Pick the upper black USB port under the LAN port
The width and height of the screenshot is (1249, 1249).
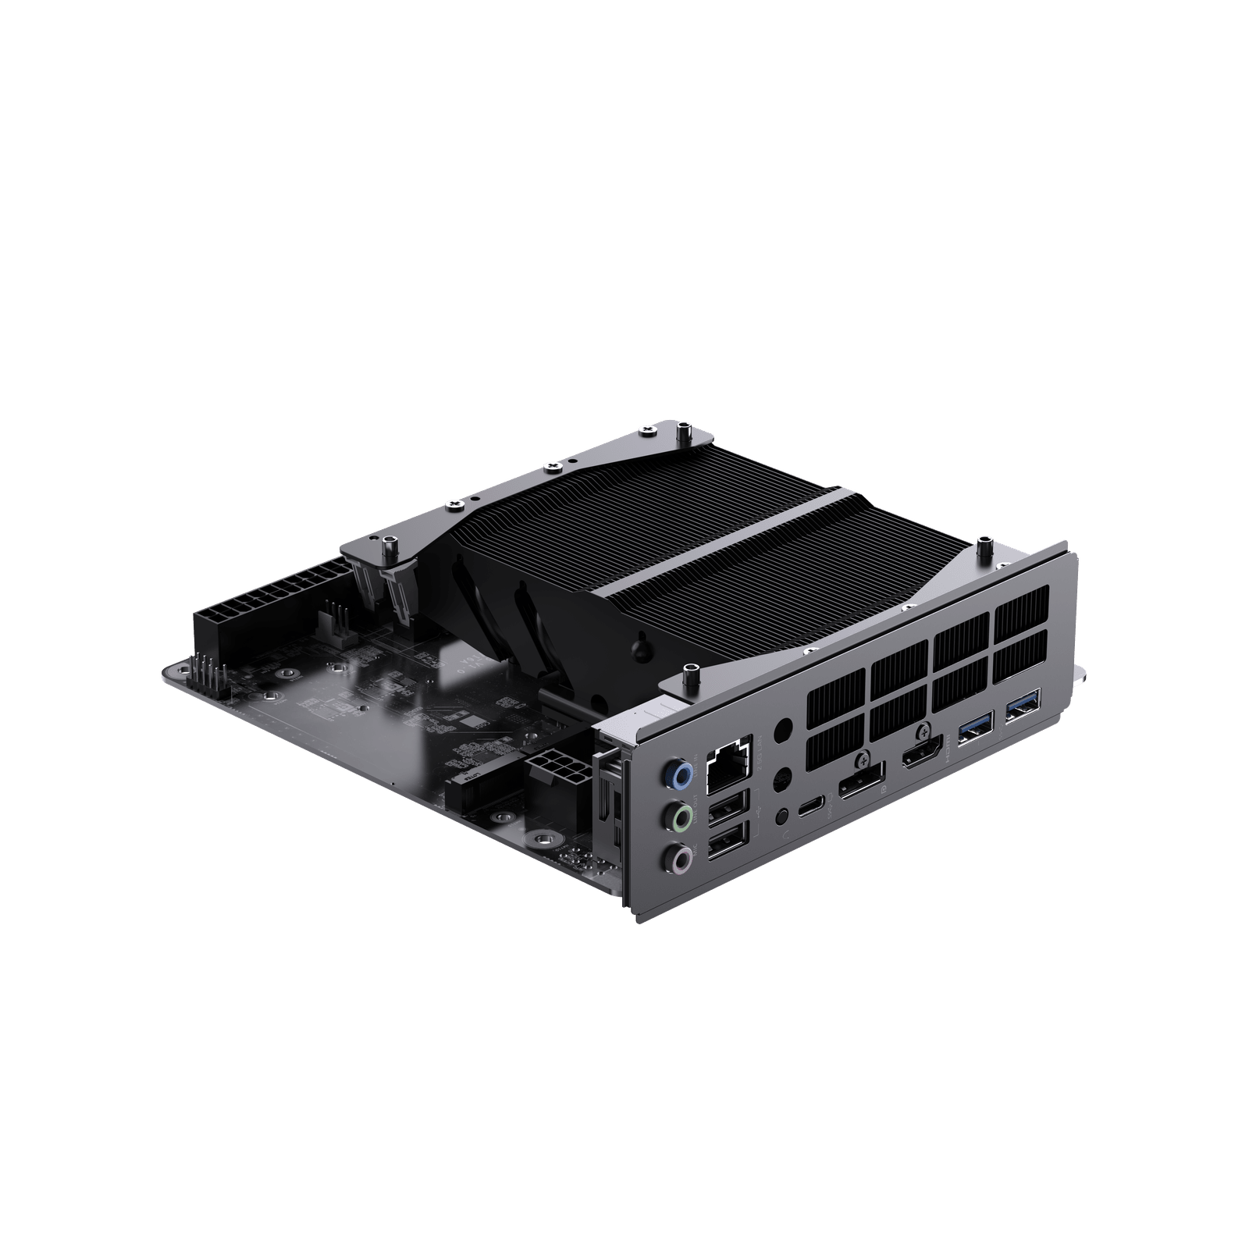pos(728,811)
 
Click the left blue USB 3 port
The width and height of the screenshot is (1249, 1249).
pos(976,726)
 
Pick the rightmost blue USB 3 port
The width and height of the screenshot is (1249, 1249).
pos(1023,703)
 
